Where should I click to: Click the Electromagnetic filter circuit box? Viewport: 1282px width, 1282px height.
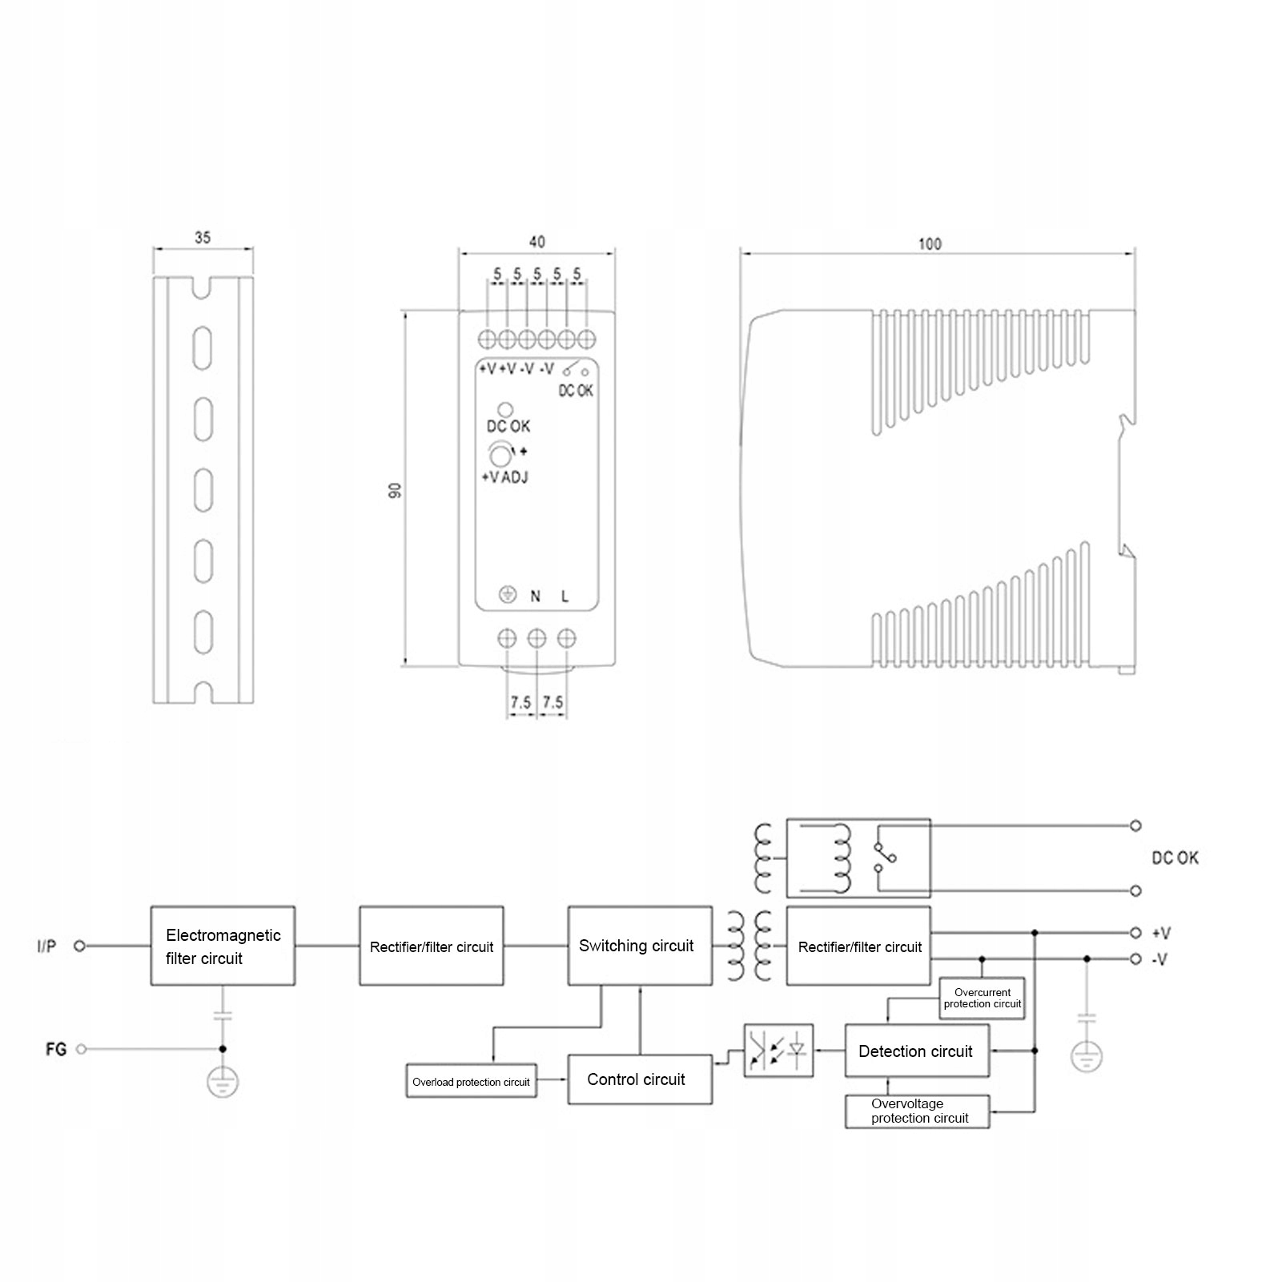(x=223, y=946)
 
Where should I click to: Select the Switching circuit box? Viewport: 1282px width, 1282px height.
(x=639, y=946)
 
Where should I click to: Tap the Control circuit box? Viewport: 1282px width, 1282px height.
(x=639, y=1079)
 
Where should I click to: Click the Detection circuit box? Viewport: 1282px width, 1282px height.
(x=916, y=1051)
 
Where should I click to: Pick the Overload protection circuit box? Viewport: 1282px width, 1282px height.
(x=471, y=1082)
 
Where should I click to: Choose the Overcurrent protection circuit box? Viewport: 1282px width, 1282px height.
(x=982, y=998)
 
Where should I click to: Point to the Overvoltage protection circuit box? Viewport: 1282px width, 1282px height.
(x=917, y=1111)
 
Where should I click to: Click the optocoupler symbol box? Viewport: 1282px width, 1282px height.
(x=778, y=1051)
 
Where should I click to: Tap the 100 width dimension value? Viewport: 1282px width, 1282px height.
(x=930, y=243)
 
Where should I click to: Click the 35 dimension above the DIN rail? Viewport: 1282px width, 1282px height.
(x=203, y=238)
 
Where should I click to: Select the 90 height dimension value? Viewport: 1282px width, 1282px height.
(x=394, y=491)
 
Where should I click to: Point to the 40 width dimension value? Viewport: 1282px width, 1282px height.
(x=537, y=241)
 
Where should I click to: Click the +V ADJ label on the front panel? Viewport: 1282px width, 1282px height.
(x=504, y=477)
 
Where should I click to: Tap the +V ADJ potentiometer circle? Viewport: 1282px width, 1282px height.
(x=500, y=456)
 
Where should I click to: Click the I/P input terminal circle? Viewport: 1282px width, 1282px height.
(x=79, y=946)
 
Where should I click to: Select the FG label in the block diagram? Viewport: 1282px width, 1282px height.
(x=56, y=1049)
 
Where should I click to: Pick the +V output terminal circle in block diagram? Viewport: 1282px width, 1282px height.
(x=1135, y=933)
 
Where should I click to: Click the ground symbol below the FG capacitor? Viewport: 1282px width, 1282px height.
(x=223, y=1083)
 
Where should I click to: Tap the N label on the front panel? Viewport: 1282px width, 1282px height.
(x=535, y=597)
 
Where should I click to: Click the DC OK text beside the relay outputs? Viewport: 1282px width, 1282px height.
(x=1175, y=858)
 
